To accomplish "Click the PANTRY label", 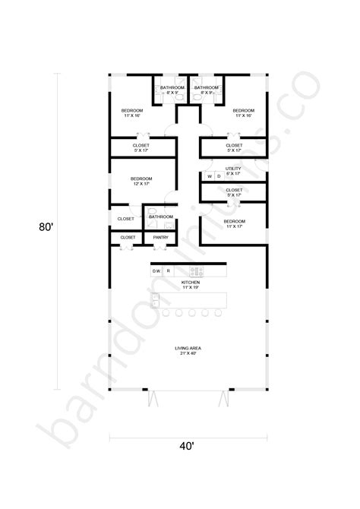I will tap(160, 238).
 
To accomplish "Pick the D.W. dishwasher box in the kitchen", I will tap(156, 270).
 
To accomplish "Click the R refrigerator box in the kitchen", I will tap(169, 270).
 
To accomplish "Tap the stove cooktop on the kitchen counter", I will tap(197, 270).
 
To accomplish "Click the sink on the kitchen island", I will tap(156, 302).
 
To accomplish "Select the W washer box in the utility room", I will tap(210, 177).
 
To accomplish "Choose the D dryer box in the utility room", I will tap(219, 177).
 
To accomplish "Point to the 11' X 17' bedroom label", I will tap(233, 223).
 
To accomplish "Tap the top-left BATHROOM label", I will tap(172, 90).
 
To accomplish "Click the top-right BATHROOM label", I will tap(206, 90).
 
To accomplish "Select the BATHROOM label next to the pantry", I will tap(160, 217).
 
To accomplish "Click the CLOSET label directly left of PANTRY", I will tap(127, 237).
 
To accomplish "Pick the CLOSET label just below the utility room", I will tap(233, 192).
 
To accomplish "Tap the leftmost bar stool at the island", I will tap(167, 312).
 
